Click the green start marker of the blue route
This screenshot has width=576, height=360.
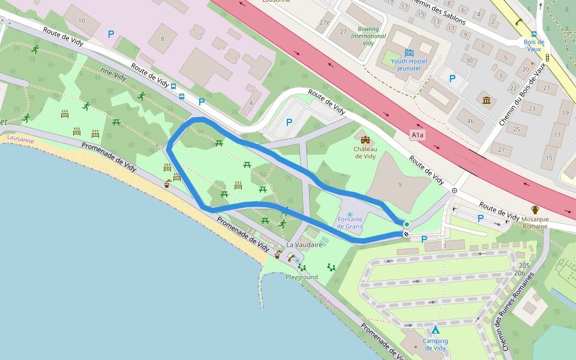coord(406,224)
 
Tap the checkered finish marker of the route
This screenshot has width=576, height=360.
coord(406,234)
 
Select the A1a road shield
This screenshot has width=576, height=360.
coord(418,136)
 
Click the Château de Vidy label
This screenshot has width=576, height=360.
coord(365,152)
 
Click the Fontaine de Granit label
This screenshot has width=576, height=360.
coord(350,223)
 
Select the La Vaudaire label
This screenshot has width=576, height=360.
coord(305,245)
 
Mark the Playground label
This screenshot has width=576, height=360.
coord(301,277)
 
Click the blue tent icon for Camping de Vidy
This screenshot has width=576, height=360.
coord(436,329)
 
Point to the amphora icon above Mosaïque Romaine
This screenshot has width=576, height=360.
coord(535,210)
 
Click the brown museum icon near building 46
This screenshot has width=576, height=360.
coord(486,100)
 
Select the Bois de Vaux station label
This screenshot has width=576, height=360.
coord(533,45)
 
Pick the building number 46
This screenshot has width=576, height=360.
coord(470,121)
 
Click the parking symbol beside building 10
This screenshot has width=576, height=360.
coord(111,34)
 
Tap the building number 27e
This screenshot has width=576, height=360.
coord(325,22)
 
